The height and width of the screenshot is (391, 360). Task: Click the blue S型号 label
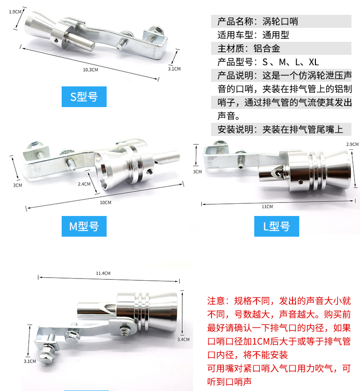84,96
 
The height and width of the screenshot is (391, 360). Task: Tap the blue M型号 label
84,226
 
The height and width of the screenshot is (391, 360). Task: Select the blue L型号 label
276,226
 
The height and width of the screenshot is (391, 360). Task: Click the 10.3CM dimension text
90,70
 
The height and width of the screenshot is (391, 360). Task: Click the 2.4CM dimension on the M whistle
84,184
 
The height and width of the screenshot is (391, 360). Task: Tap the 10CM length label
105,202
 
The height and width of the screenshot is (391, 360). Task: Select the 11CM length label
267,207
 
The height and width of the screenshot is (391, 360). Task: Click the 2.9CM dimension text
352,144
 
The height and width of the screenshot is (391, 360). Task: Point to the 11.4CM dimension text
103,273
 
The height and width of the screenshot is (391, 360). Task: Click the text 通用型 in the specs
275,35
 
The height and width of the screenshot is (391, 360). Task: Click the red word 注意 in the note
216,301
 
